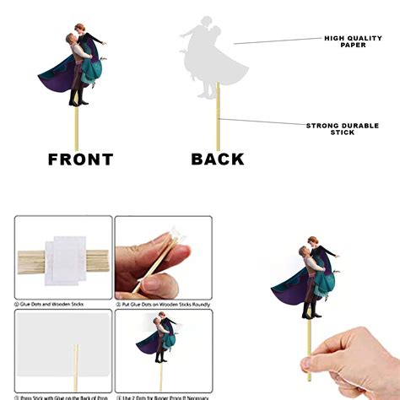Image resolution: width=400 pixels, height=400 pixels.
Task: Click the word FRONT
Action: pos(80,159)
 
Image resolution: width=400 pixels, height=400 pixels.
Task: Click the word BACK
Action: pos(217,159)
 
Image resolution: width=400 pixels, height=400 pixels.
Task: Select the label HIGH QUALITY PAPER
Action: pos(347,41)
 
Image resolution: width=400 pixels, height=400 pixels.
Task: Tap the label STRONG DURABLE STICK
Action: pos(342,128)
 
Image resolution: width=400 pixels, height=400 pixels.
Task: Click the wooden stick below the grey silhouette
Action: pos(219,118)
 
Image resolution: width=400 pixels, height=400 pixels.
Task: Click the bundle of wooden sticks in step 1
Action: pos(34,257)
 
